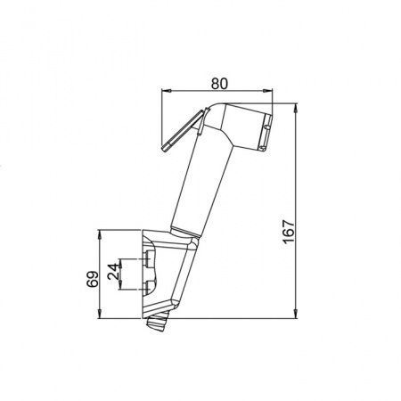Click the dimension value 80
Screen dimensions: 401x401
pyautogui.click(x=219, y=84)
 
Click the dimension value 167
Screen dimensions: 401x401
pyautogui.click(x=289, y=232)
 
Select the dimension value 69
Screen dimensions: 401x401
pyautogui.click(x=93, y=279)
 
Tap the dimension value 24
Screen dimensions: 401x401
pyautogui.click(x=114, y=272)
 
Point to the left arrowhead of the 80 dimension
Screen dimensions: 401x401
pyautogui.click(x=167, y=91)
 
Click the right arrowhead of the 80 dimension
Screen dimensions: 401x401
pyautogui.click(x=267, y=91)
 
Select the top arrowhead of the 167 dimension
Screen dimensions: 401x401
pyautogui.click(x=296, y=109)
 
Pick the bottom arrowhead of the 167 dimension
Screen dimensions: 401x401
pyautogui.click(x=296, y=314)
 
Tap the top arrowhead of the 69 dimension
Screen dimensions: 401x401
pyautogui.click(x=100, y=235)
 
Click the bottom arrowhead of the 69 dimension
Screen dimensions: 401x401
pyautogui.click(x=100, y=314)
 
